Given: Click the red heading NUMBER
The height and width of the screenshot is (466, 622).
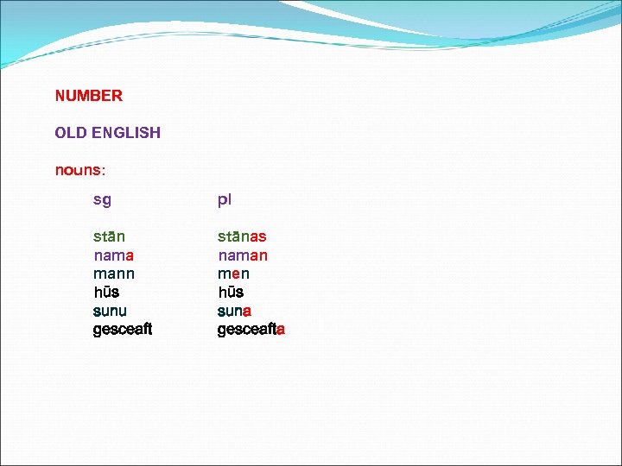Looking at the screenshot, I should tap(89, 96).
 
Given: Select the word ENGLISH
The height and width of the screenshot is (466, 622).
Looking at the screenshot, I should tap(130, 133).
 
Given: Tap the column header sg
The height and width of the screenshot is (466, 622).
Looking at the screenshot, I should tap(102, 200).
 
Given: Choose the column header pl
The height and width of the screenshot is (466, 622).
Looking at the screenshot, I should tap(224, 200).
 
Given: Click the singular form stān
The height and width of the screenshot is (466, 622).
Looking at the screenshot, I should tap(109, 236).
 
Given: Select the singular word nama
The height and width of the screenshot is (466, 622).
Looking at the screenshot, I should tap(113, 255).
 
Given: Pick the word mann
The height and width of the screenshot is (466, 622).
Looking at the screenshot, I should tap(114, 274).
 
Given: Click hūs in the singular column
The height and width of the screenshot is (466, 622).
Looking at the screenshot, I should tap(106, 293).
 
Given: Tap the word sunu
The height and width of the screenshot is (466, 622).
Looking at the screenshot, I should tap(110, 311).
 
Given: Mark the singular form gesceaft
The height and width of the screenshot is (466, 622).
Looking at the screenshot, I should tap(123, 330).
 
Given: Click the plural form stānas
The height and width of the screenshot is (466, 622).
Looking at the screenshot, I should tap(242, 236).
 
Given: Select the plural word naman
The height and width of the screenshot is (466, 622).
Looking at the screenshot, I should tap(243, 255).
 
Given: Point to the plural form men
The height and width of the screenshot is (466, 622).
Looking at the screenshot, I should tap(233, 274).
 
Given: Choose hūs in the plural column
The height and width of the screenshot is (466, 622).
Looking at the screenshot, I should tap(231, 293).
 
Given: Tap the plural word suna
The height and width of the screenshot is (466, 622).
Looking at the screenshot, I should tap(234, 311).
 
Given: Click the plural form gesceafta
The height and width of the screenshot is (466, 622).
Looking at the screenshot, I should tap(251, 330).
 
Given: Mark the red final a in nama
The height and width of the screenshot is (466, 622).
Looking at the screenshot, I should tap(129, 255).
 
